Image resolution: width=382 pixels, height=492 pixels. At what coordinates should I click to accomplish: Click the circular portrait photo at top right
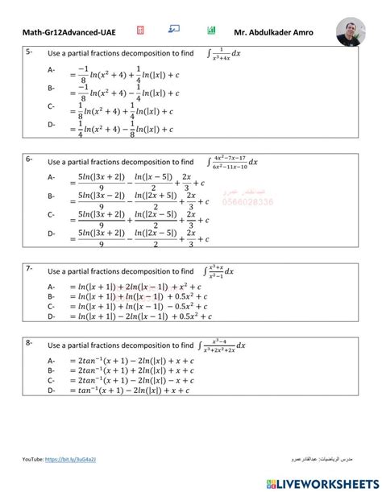click(352, 31)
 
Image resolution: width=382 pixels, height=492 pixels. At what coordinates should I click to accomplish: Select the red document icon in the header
click(140, 30)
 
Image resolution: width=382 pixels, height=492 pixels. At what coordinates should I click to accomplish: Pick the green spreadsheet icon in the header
click(211, 30)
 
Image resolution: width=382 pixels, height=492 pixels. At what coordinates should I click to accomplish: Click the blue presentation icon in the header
click(174, 29)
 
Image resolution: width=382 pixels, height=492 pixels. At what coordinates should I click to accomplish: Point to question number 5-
click(29, 52)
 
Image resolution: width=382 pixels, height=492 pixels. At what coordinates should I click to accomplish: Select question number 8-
click(29, 343)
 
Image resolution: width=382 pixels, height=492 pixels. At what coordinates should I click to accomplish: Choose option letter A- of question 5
click(52, 71)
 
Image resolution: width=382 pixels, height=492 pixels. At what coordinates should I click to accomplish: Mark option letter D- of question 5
click(52, 125)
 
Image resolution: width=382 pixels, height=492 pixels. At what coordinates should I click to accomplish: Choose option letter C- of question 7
click(52, 306)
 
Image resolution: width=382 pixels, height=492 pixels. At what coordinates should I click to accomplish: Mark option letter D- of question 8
click(52, 391)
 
